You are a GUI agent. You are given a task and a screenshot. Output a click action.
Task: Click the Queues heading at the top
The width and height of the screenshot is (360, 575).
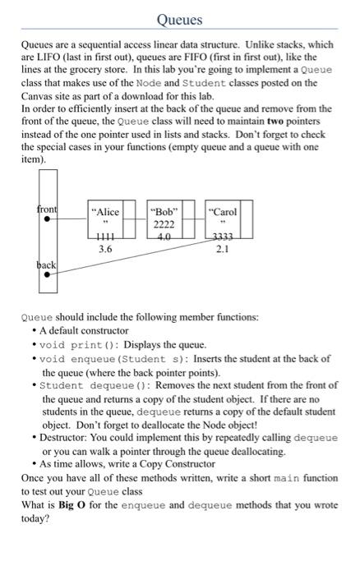click(x=179, y=18)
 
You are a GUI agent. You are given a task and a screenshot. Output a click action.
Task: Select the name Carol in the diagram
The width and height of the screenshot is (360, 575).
click(x=224, y=212)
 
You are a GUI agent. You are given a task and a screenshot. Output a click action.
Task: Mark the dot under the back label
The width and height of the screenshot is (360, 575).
click(x=47, y=277)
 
